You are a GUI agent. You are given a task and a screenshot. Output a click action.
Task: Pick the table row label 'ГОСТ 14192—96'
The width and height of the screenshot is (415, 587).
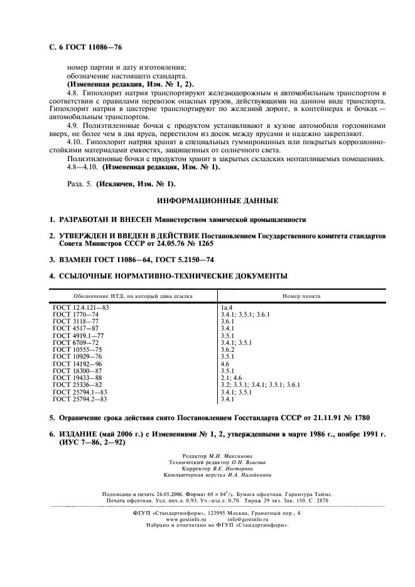(77, 364)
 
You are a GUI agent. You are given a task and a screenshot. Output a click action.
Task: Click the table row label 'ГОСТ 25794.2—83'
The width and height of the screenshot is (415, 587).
(81, 399)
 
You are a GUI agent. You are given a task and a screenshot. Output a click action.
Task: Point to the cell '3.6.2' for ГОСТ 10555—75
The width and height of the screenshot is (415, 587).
(227, 349)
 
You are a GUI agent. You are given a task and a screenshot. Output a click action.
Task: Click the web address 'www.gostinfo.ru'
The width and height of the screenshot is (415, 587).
(186, 519)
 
